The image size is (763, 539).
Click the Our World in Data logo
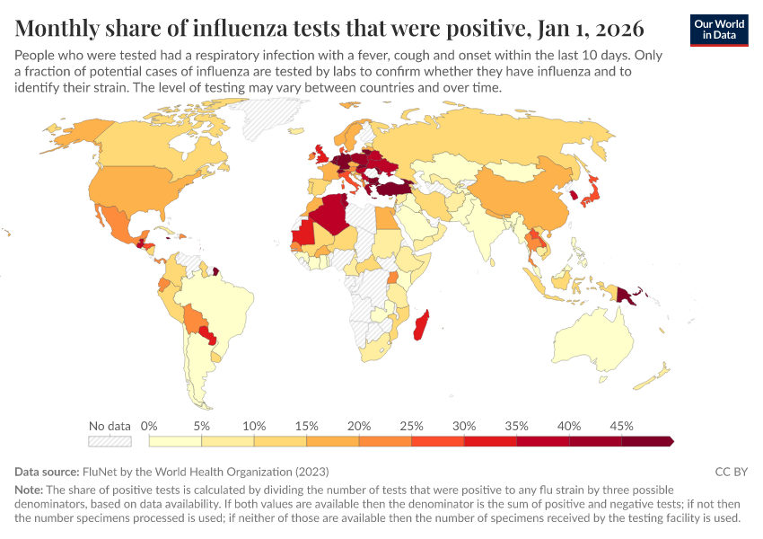(719, 30)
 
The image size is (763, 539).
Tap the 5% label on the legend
(202, 426)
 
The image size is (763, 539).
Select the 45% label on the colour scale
(621, 426)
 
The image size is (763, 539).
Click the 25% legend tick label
(412, 426)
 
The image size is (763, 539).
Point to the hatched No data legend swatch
(110, 441)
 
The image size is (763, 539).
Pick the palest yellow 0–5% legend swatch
(176, 441)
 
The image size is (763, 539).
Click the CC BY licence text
(731, 472)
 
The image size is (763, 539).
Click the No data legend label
(110, 426)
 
